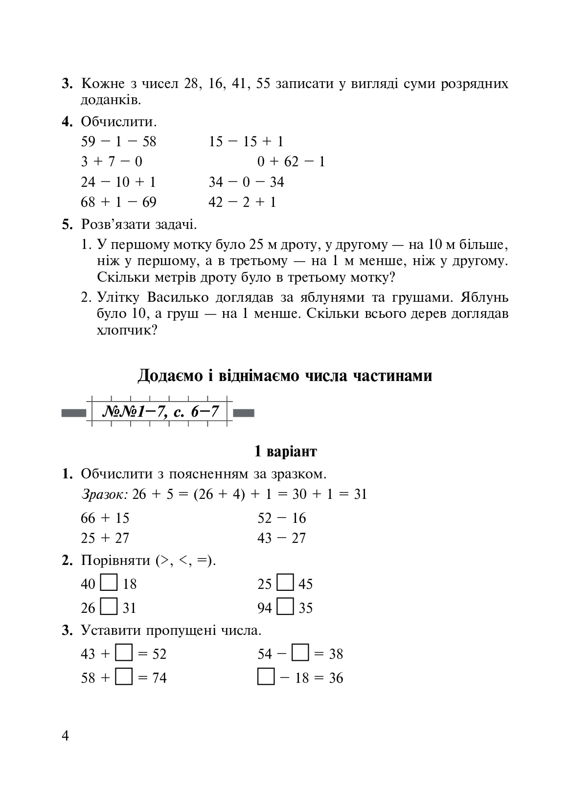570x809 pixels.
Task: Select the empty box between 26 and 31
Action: coord(109,607)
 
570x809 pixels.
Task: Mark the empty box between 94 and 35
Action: coord(285,607)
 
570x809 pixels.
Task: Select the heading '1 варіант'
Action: coord(285,451)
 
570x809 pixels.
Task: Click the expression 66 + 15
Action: coord(105,518)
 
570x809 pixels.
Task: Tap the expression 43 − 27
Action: coord(281,538)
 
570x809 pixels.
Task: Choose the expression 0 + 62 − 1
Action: coord(291,161)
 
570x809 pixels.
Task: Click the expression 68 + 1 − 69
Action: coord(118,202)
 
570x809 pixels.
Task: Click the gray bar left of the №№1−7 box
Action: coord(74,413)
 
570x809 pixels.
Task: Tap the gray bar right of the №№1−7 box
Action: coord(244,413)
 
